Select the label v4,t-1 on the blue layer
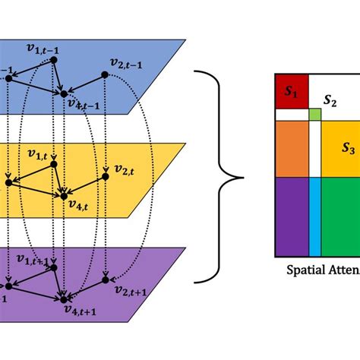click(x=82, y=105)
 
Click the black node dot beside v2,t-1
click(x=101, y=75)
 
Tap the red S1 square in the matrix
click(x=289, y=92)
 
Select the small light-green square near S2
click(x=314, y=115)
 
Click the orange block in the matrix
click(x=292, y=148)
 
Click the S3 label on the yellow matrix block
click(x=347, y=149)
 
